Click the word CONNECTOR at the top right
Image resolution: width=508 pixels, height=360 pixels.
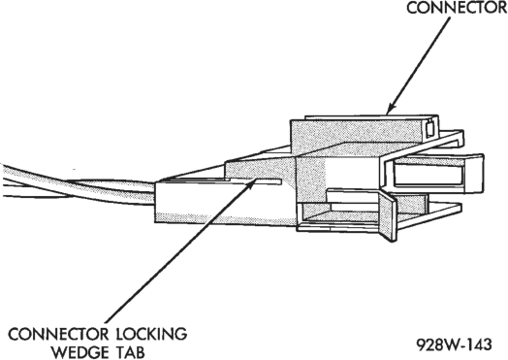tap(457, 8)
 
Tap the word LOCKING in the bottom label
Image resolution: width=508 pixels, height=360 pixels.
tap(151, 334)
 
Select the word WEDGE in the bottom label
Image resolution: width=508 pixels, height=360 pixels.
tap(81, 352)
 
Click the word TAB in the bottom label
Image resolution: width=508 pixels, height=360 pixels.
tap(130, 352)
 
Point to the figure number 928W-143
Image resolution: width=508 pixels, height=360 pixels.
tap(454, 344)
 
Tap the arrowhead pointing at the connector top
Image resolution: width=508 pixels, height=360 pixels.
tap(392, 108)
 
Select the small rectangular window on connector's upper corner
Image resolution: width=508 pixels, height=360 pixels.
tap(429, 128)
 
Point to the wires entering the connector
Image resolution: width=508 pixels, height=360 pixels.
tap(78, 186)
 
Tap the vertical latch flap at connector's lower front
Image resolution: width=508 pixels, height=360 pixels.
tap(388, 215)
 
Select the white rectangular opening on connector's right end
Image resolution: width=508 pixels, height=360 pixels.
tap(429, 175)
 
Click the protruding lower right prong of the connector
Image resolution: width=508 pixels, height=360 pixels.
tap(428, 215)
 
